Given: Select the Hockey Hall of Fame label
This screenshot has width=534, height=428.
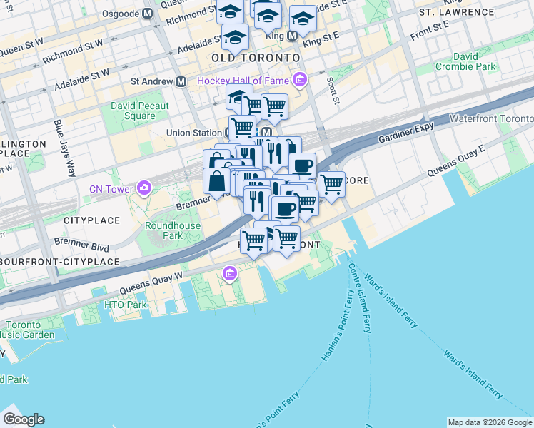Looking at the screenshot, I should pos(243,81).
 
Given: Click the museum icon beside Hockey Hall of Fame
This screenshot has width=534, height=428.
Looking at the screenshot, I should pos(301,80).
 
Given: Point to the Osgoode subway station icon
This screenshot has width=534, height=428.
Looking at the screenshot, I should pos(147,14).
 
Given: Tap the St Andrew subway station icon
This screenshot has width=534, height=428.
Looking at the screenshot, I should pos(181,81).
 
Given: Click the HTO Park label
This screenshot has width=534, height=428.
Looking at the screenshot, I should pos(125,305).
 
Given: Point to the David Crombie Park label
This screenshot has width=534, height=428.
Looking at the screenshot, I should pos(475,61).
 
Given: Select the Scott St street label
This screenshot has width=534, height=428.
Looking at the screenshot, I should pos(333,89).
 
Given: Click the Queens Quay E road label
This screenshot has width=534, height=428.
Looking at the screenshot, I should pos(456,160).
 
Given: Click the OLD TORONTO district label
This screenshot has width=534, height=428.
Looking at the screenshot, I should pos(254,57).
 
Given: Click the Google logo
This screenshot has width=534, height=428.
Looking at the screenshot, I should pos(24,419).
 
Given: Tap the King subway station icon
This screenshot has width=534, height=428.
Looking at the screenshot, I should pos(292,35).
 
